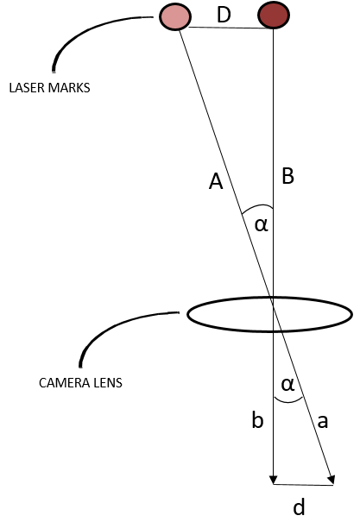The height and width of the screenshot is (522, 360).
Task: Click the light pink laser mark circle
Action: coord(175,16)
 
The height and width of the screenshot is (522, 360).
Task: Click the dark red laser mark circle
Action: coord(274,16)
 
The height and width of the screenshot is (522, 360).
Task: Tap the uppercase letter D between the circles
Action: coord(224,15)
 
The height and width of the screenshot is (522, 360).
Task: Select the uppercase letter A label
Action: coord(216,182)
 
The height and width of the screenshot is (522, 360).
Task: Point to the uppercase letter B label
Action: coord(287,176)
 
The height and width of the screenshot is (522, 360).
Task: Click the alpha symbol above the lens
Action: coord(261,225)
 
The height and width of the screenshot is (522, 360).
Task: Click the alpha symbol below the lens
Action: coord(287,385)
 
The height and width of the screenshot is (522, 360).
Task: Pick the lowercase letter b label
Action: coord(257,420)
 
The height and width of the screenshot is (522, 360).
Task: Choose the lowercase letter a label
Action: coord(322,421)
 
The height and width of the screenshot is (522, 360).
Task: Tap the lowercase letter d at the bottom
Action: coord(299,507)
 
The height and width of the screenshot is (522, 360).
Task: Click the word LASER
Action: coord(28,88)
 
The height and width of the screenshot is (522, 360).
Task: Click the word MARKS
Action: coord(69,88)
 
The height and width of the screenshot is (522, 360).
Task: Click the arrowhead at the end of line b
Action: coord(274,480)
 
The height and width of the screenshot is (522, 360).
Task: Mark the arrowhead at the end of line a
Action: coord(332,481)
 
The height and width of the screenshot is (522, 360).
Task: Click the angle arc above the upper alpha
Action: coord(258,206)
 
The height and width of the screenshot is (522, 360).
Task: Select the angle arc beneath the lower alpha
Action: coord(288,402)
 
